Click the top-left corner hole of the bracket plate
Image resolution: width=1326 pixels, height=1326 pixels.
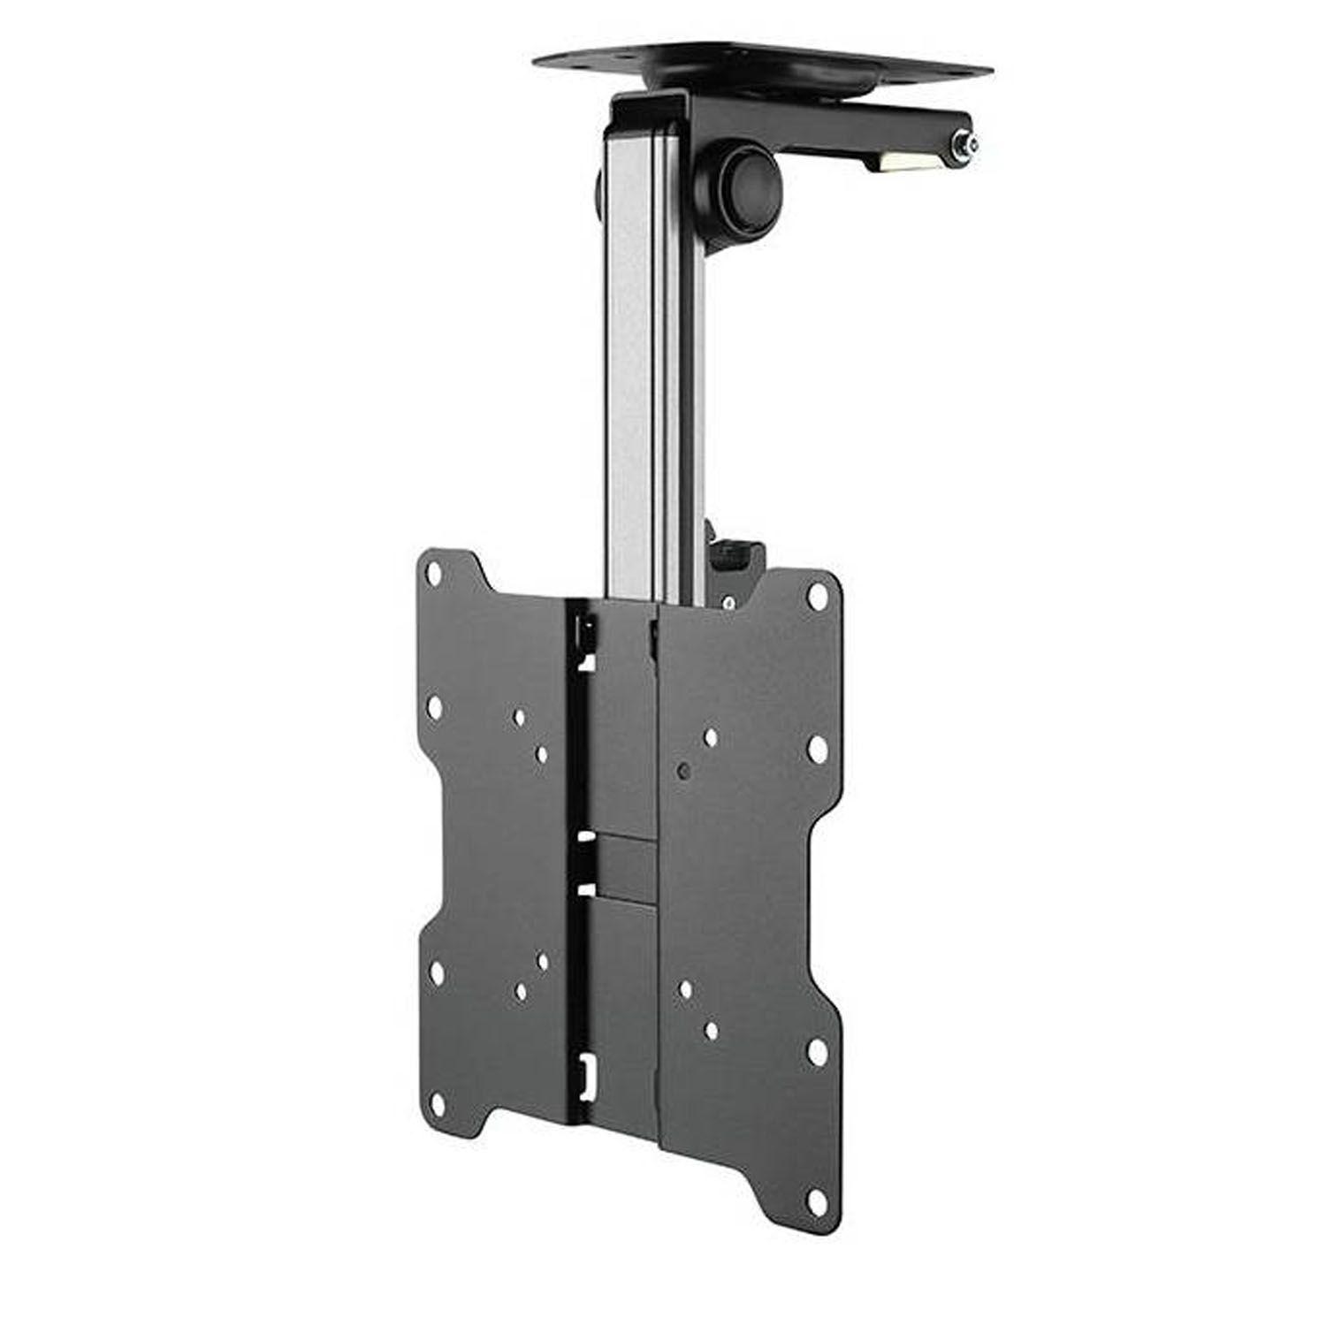coord(434,573)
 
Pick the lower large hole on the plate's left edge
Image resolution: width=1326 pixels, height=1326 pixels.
coord(435,972)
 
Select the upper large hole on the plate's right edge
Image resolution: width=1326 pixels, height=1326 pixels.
coord(817,748)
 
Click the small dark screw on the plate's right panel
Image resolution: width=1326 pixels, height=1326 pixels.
coord(682,770)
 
